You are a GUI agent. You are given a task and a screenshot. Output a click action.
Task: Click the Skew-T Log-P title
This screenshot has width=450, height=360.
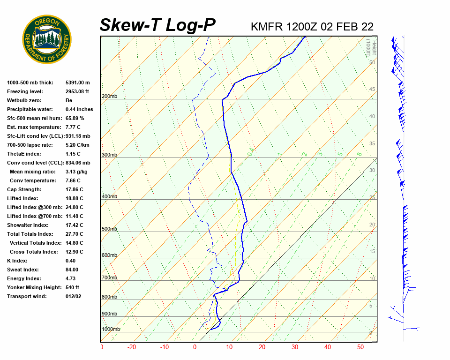[x=157, y=25]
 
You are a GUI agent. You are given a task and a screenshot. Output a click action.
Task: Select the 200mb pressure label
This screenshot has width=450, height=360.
[x=109, y=97]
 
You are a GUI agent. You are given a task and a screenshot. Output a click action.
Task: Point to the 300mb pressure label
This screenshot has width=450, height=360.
[x=109, y=155]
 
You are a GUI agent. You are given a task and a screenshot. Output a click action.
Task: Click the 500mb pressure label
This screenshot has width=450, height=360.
[x=109, y=229]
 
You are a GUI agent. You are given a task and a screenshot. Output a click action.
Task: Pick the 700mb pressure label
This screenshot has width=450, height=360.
[x=109, y=278]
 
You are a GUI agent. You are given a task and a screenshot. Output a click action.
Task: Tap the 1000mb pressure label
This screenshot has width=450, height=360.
[x=111, y=329]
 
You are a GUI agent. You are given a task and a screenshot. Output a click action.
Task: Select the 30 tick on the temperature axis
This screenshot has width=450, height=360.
[x=295, y=347]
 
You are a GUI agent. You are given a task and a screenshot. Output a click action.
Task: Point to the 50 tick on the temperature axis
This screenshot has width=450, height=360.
[x=360, y=347]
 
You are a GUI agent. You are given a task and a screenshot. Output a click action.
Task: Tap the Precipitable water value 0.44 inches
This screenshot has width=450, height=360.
[x=79, y=109]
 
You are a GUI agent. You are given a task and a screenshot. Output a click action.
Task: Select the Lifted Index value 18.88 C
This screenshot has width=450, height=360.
[x=74, y=198]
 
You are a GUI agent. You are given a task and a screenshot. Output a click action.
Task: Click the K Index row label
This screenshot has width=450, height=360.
[x=18, y=261]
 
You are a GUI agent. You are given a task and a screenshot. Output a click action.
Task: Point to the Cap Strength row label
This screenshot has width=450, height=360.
[x=24, y=189]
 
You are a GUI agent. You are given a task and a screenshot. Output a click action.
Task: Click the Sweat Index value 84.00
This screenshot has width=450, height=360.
[x=72, y=270]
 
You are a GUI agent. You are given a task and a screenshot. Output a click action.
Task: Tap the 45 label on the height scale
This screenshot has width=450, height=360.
[x=372, y=90]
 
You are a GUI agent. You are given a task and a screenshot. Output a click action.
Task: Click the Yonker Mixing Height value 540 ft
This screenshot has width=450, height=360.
[x=72, y=287]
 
